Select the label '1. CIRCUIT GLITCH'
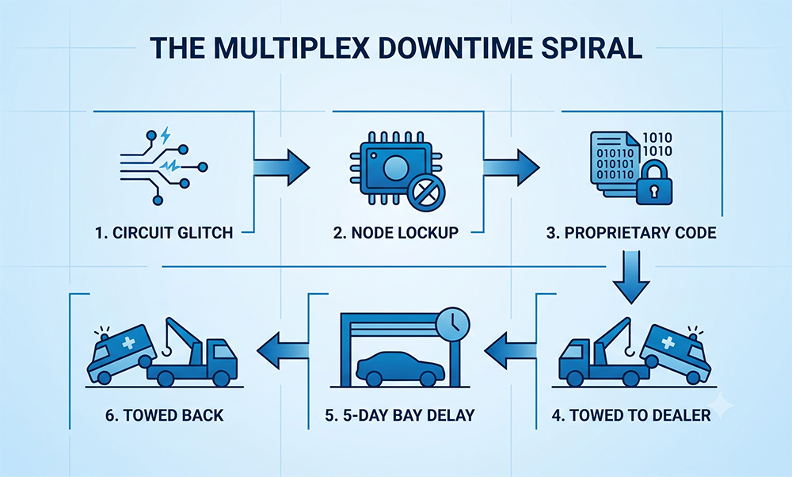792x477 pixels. coord(164,232)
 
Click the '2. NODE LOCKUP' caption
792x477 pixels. coord(396,232)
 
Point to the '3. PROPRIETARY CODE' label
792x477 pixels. coord(631,232)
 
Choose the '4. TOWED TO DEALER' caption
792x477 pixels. coord(631,415)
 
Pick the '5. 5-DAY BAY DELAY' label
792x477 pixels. coord(400,415)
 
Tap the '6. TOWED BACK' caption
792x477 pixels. coord(165,415)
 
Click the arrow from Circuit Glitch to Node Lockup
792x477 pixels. coord(281,167)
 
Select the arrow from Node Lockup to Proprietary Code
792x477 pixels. coord(511,167)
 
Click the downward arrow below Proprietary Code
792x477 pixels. coord(631,277)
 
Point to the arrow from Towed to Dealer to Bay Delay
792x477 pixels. coord(510,350)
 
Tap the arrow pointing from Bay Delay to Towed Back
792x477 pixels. coord(283,350)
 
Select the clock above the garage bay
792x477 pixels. coord(454,322)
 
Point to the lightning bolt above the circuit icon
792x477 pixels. coord(166,135)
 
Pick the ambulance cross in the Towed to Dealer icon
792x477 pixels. coord(668,342)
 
